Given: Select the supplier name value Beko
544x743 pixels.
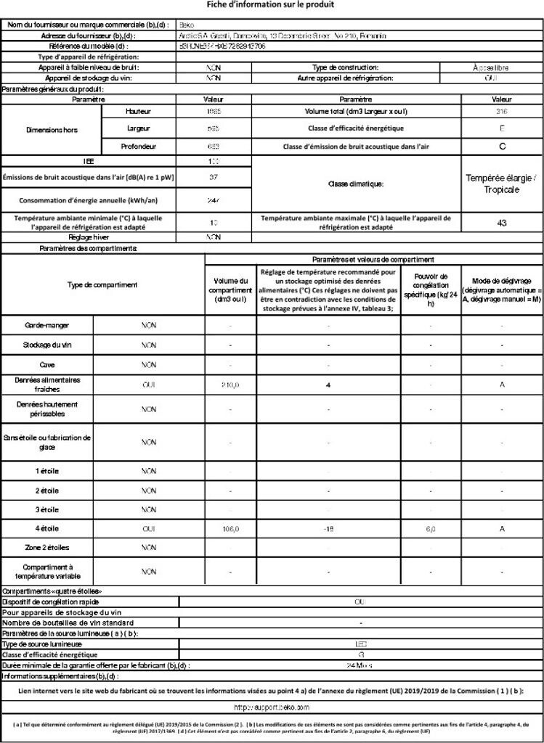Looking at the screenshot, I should click(x=187, y=25).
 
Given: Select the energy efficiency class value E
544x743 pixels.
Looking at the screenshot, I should click(x=501, y=128).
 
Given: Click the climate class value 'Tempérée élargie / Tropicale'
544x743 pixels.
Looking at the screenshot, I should click(x=501, y=184).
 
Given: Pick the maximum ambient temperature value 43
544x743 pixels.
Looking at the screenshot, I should click(x=501, y=223).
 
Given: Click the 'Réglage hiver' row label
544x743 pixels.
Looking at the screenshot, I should click(x=89, y=237).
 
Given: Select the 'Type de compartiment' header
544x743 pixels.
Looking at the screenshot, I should click(x=102, y=285).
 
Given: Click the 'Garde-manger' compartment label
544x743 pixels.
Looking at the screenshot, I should click(x=47, y=325).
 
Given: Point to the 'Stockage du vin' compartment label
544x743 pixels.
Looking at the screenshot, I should click(x=47, y=345).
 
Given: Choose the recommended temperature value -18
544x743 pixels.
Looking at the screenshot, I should click(x=328, y=529).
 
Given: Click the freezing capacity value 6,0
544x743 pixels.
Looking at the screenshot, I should click(x=430, y=529).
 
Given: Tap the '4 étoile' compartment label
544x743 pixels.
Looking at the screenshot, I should click(x=47, y=529).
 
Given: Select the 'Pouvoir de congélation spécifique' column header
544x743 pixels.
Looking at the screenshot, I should click(x=430, y=290).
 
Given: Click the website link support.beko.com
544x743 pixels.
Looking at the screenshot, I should click(x=271, y=706).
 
